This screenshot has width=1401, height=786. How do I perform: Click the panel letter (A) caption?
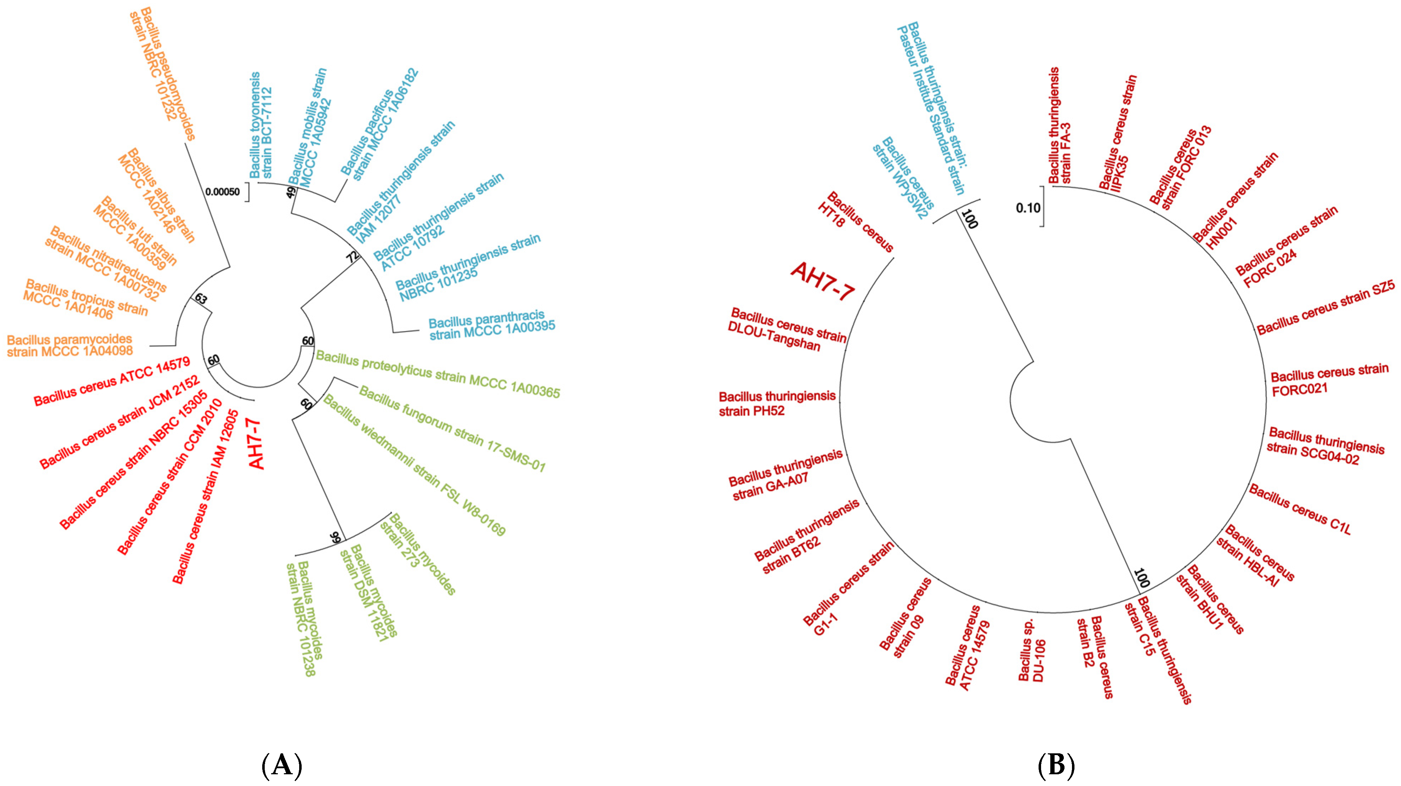point(282,765)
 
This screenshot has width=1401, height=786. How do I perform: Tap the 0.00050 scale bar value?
point(222,192)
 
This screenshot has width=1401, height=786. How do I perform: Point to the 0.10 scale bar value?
point(1028,208)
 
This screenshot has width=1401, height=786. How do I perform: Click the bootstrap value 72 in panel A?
point(354,256)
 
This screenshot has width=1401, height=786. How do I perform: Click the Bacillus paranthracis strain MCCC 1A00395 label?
point(492,325)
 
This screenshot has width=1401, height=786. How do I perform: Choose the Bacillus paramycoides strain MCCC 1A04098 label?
point(70,346)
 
